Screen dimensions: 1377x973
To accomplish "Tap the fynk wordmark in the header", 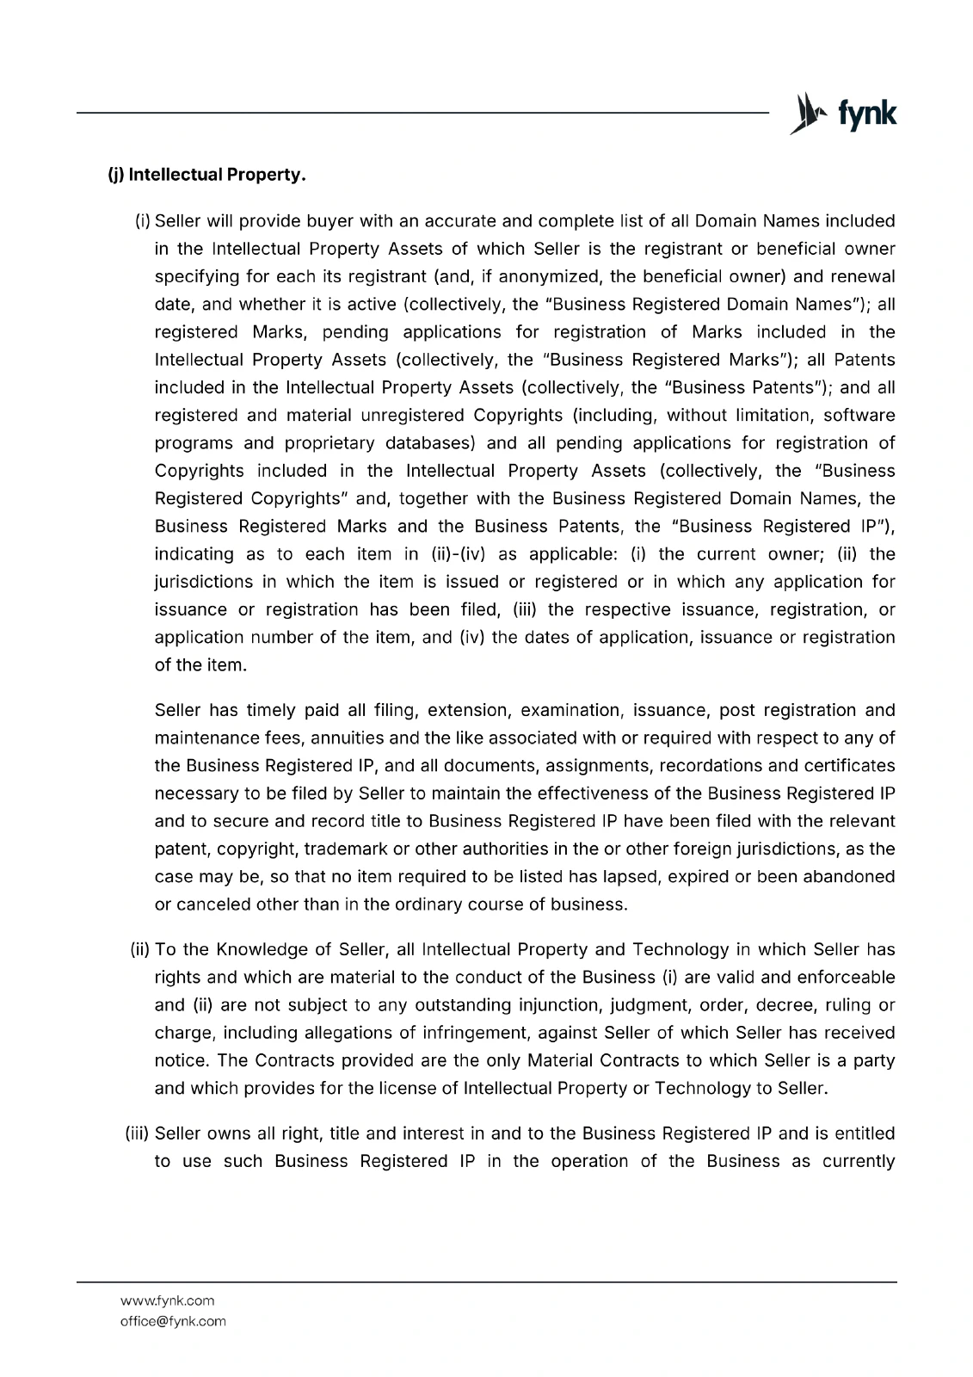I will coord(867,114).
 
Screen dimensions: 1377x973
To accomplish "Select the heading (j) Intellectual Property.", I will coord(206,176).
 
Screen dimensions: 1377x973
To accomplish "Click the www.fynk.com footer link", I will coord(167,1300).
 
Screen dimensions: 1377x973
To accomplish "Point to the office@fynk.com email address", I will coord(173,1321).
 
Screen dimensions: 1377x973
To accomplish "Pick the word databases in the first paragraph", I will coord(429,442).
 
